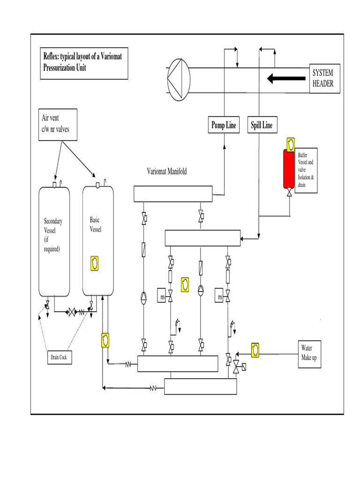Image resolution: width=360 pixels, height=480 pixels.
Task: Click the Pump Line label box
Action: pyautogui.click(x=224, y=125)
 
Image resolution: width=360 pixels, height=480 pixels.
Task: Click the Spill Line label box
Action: pyautogui.click(x=262, y=125)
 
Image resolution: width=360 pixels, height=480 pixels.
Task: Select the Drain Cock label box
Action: pyautogui.click(x=60, y=358)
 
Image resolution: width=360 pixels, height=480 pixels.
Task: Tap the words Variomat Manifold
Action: pyautogui.click(x=166, y=172)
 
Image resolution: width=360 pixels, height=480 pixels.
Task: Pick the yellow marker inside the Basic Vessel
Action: pyautogui.click(x=95, y=263)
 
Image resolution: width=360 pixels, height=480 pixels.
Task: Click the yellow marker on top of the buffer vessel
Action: pyautogui.click(x=290, y=142)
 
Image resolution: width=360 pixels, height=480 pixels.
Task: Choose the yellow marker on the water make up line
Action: pyautogui.click(x=255, y=350)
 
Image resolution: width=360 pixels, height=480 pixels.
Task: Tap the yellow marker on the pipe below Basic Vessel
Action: pyautogui.click(x=105, y=340)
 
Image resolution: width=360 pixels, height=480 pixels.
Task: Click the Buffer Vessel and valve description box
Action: pyautogui.click(x=307, y=170)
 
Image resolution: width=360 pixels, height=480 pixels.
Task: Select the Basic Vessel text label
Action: pyautogui.click(x=95, y=225)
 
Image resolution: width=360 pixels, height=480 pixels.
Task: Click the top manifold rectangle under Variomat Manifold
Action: pyautogui.click(x=173, y=194)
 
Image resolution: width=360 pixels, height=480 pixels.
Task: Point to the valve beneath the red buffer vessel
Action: pyautogui.click(x=289, y=193)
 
